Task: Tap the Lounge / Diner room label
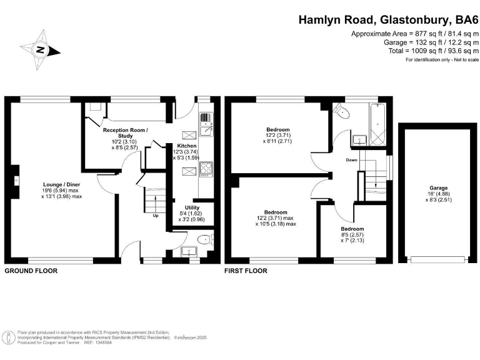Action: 61,185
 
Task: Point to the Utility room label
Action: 192,207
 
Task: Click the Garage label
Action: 437,187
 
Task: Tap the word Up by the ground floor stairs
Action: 155,216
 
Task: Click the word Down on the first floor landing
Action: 351,160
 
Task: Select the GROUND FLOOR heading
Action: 31,271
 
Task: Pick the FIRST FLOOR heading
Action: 246,271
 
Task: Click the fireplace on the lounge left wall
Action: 16,182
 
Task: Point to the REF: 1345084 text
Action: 83,342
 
